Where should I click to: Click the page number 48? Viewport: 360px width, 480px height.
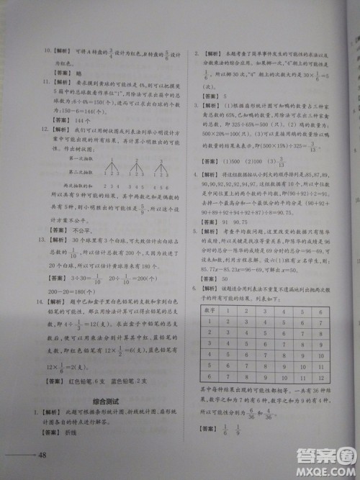point(42,455)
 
